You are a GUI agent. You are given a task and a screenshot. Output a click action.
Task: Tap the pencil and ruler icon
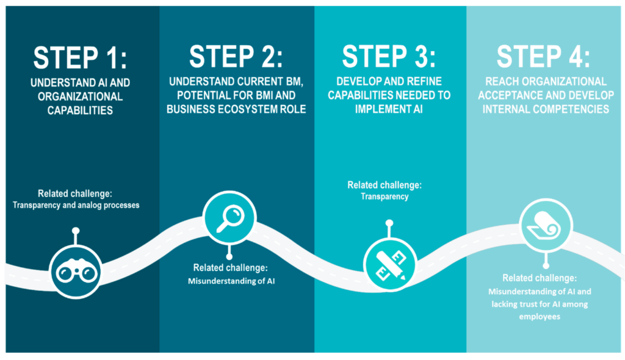[388, 263]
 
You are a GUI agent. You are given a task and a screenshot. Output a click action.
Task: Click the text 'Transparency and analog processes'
[76, 205]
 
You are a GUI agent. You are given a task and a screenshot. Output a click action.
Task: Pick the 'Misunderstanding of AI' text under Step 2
[231, 281]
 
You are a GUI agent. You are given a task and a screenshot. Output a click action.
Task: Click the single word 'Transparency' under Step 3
[385, 196]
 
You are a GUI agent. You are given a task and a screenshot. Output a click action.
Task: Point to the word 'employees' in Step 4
[540, 317]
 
